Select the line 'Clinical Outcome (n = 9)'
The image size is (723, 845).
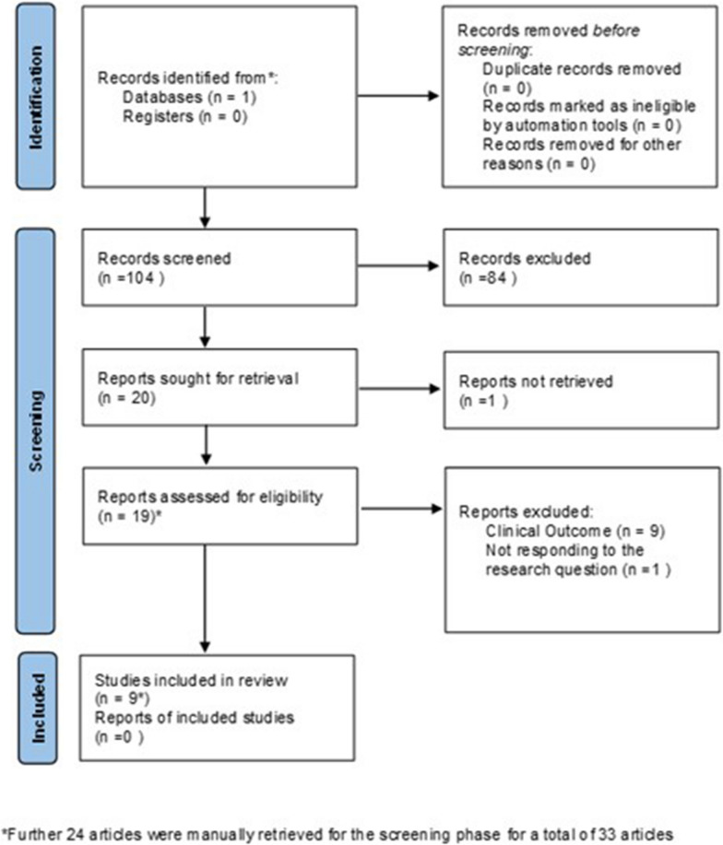pos(569,531)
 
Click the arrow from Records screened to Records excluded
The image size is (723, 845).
pos(398,267)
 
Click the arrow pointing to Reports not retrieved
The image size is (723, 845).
pos(398,389)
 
